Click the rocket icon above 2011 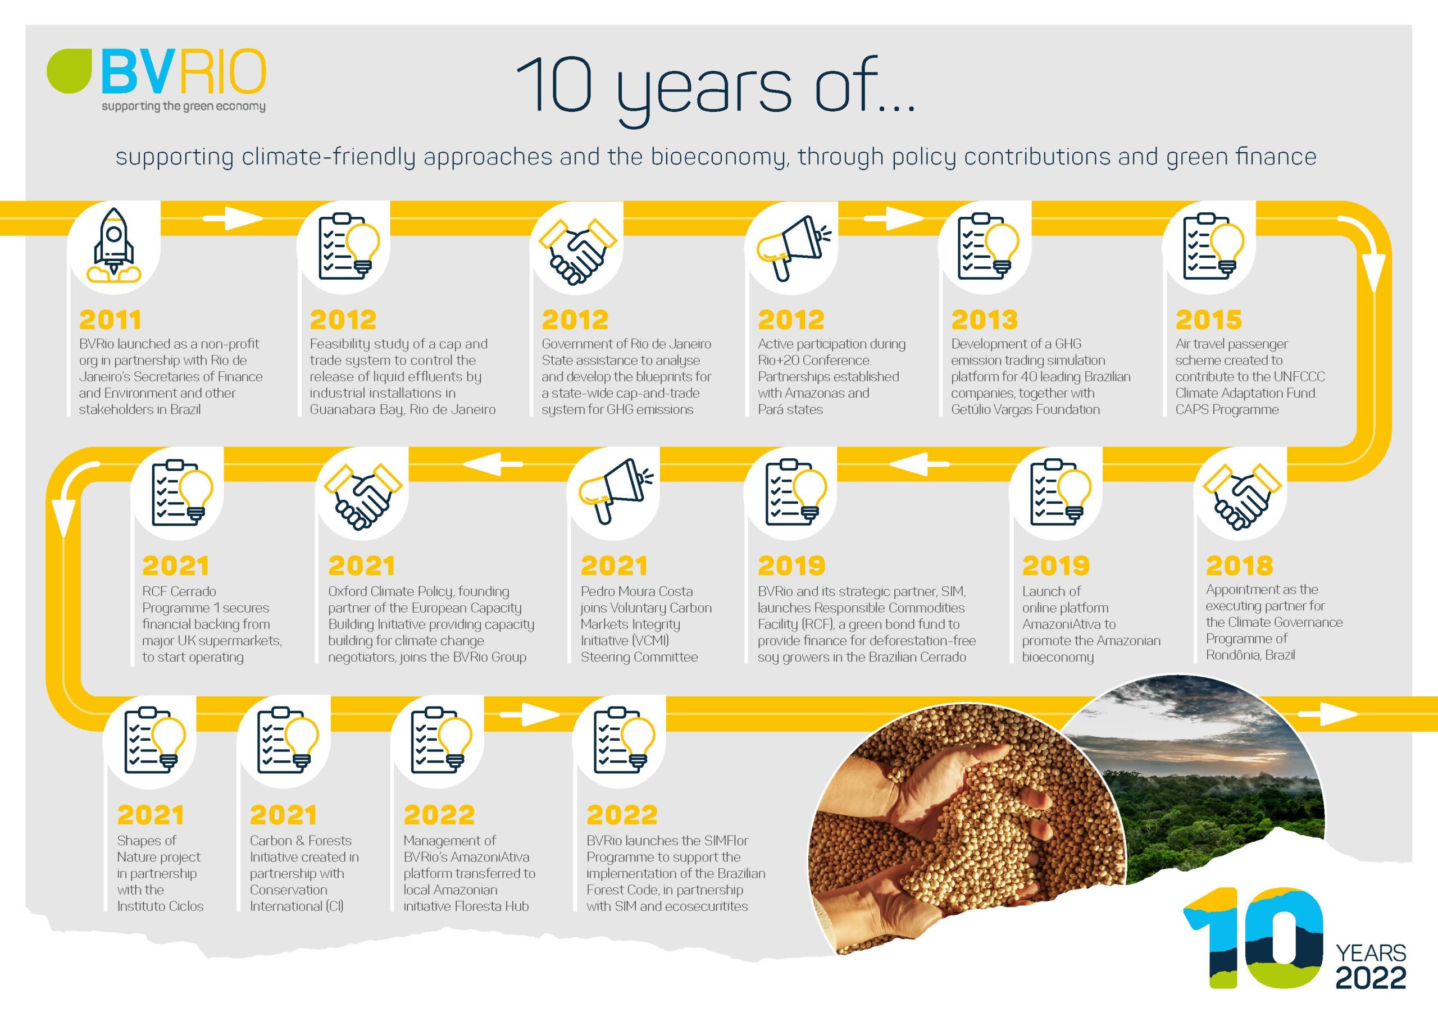(114, 245)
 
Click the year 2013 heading (984, 320)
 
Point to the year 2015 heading (1208, 320)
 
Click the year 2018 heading (1240, 565)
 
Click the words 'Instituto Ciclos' (160, 906)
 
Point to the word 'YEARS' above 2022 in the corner (1371, 953)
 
